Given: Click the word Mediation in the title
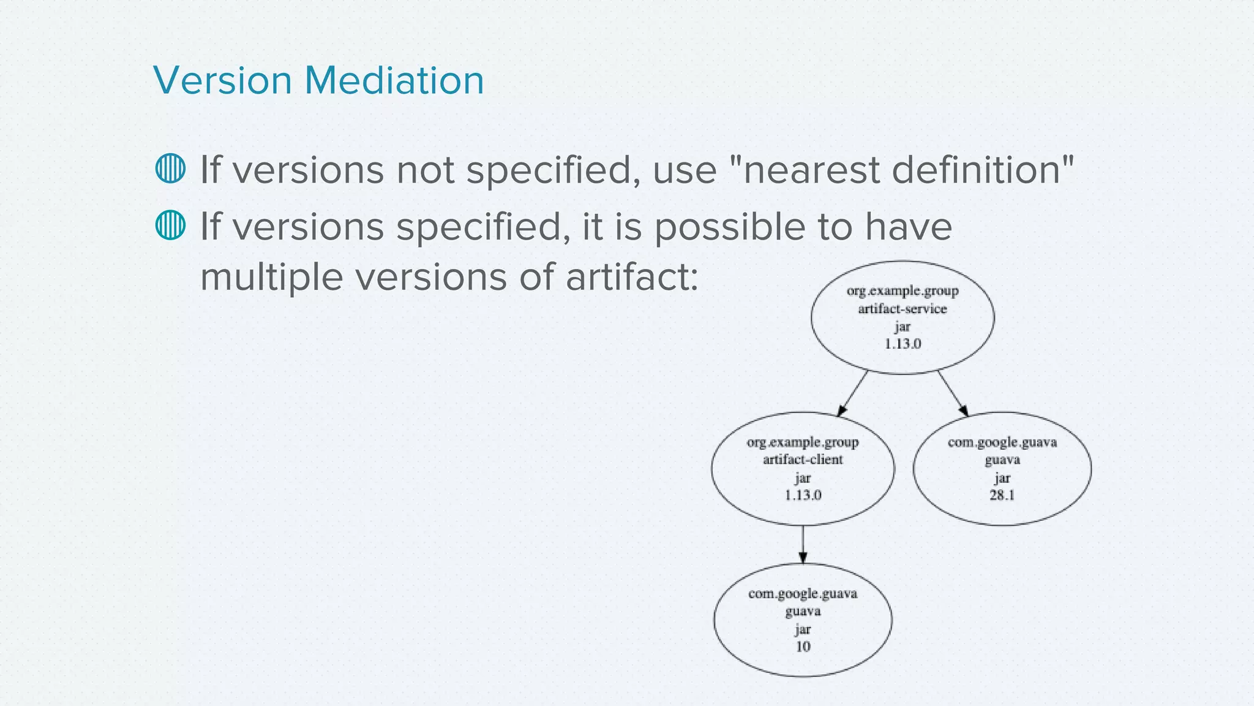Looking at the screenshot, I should click(x=394, y=80).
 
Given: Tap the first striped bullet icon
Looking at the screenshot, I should click(x=170, y=169).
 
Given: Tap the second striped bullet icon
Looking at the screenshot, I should click(x=170, y=225).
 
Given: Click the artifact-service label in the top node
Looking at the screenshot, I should click(x=902, y=309).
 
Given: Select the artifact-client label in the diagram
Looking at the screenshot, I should click(x=803, y=460).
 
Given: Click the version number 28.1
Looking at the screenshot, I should click(x=1002, y=495).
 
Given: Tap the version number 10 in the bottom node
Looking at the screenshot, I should click(x=803, y=647).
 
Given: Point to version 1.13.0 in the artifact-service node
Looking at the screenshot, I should click(x=903, y=344).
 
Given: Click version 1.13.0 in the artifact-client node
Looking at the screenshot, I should click(x=803, y=495).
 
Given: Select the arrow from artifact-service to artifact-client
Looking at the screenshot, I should click(x=852, y=393).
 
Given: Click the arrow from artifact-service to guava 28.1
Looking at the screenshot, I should click(x=953, y=393).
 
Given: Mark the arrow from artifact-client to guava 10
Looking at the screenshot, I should click(x=803, y=544).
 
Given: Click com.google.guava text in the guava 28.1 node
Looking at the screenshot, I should click(x=1002, y=442).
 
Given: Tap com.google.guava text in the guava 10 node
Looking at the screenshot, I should click(x=803, y=594).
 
